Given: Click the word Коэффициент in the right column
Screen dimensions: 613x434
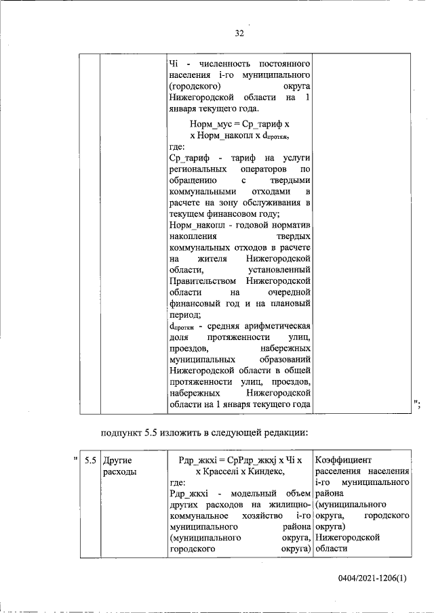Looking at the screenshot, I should [x=343, y=460].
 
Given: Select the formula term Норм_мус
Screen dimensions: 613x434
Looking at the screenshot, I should [x=210, y=124].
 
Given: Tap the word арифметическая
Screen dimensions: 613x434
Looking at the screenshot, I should [x=275, y=326].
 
